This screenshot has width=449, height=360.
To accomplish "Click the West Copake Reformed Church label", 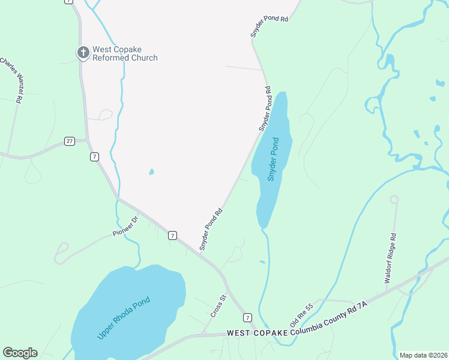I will (x=125, y=54).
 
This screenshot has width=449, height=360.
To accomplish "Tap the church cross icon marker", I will (x=83, y=53).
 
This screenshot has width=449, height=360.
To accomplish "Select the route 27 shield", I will (x=70, y=141).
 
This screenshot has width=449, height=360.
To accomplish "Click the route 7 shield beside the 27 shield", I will (x=94, y=157).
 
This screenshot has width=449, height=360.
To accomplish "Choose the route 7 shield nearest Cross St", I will (x=247, y=316).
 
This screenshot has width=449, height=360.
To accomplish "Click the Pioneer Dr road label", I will (x=125, y=226).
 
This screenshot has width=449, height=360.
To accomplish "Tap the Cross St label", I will (x=217, y=306).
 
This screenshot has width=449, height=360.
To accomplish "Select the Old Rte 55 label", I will (x=301, y=316).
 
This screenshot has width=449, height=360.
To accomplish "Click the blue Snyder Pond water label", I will (x=273, y=160).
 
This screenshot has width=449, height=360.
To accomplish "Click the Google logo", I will (x=20, y=352).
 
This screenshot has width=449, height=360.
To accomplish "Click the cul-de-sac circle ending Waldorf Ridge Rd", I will (x=394, y=199).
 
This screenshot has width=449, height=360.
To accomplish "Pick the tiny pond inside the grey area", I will (x=151, y=172).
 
